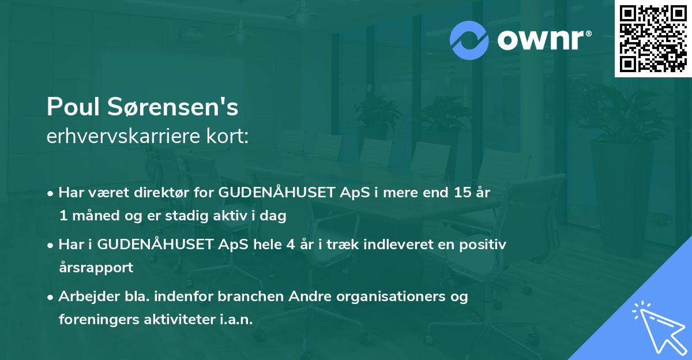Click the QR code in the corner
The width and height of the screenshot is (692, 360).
(653, 38)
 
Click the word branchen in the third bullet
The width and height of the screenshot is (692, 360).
(250, 297)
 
